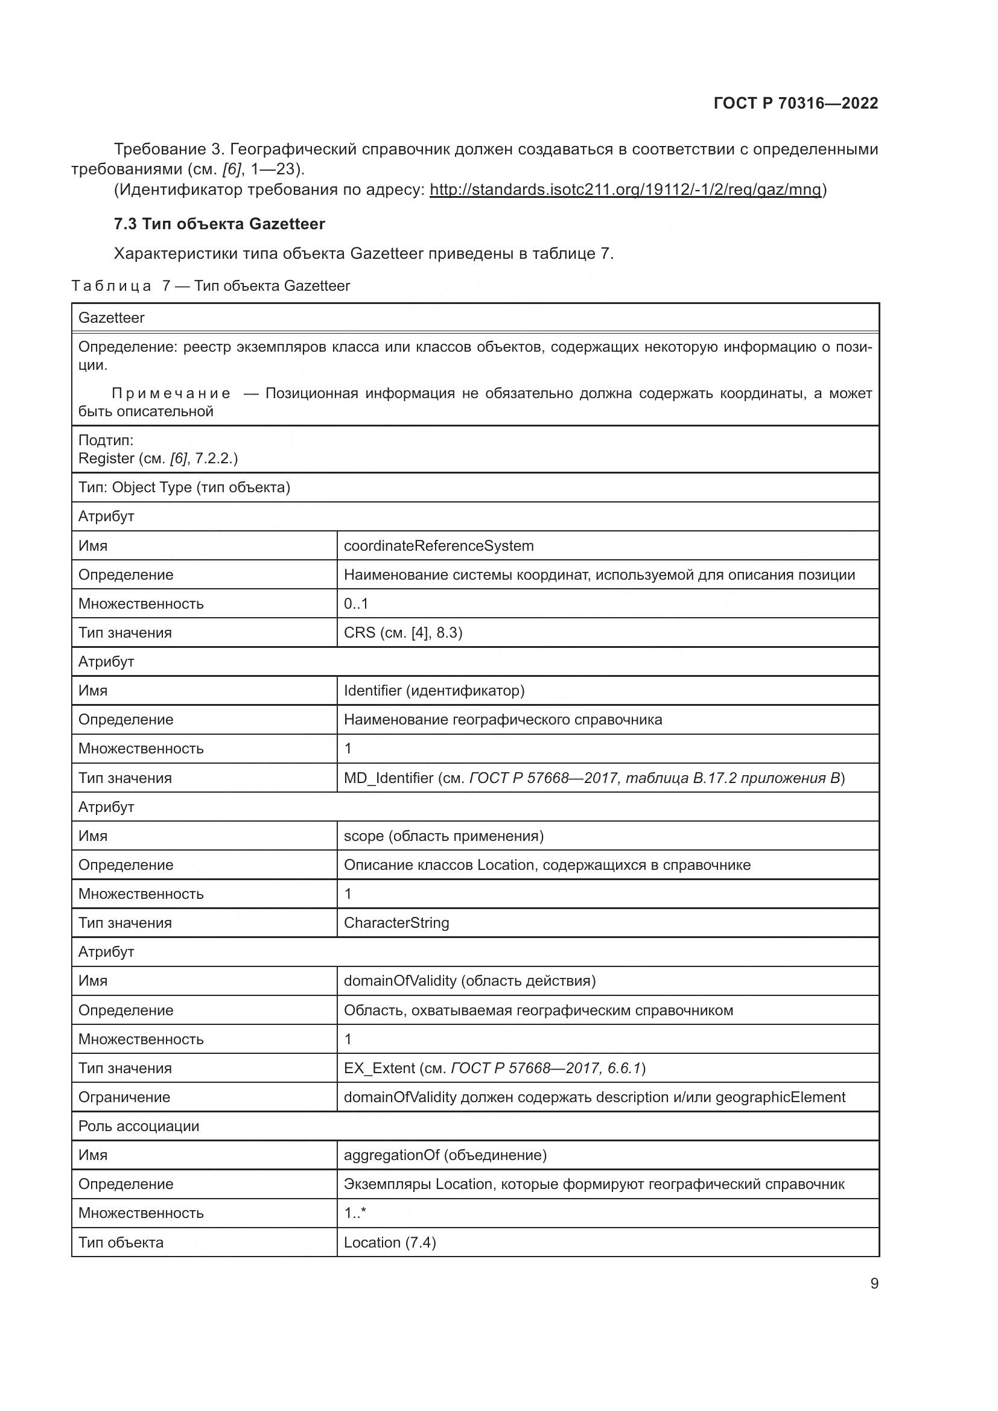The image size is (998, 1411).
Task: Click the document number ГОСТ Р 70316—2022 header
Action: click(x=795, y=103)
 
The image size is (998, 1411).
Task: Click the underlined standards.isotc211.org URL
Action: click(x=625, y=189)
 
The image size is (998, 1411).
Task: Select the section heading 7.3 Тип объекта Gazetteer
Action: click(x=219, y=224)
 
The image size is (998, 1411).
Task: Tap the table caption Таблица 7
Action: click(x=210, y=286)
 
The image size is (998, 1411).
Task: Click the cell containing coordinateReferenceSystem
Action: click(x=438, y=546)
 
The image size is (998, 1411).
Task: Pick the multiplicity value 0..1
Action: click(x=356, y=603)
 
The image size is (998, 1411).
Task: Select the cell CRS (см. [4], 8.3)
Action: click(x=402, y=632)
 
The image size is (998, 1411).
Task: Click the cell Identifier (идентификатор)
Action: click(x=434, y=691)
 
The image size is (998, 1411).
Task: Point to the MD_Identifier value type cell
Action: click(x=594, y=778)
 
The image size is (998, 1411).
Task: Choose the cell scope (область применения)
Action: click(x=443, y=836)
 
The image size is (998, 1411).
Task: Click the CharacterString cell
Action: click(x=396, y=923)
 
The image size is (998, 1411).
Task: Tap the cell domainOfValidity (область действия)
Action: click(x=469, y=981)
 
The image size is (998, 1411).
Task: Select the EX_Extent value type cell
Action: click(x=494, y=1068)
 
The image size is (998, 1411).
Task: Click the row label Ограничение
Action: click(x=124, y=1097)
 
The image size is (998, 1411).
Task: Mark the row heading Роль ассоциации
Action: click(x=138, y=1126)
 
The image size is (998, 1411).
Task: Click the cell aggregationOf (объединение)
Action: click(x=445, y=1155)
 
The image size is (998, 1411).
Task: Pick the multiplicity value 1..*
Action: click(x=355, y=1213)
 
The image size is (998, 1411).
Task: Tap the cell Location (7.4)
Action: click(x=390, y=1243)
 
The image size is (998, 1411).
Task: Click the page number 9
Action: click(x=874, y=1284)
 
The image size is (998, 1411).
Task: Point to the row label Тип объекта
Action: click(x=121, y=1243)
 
